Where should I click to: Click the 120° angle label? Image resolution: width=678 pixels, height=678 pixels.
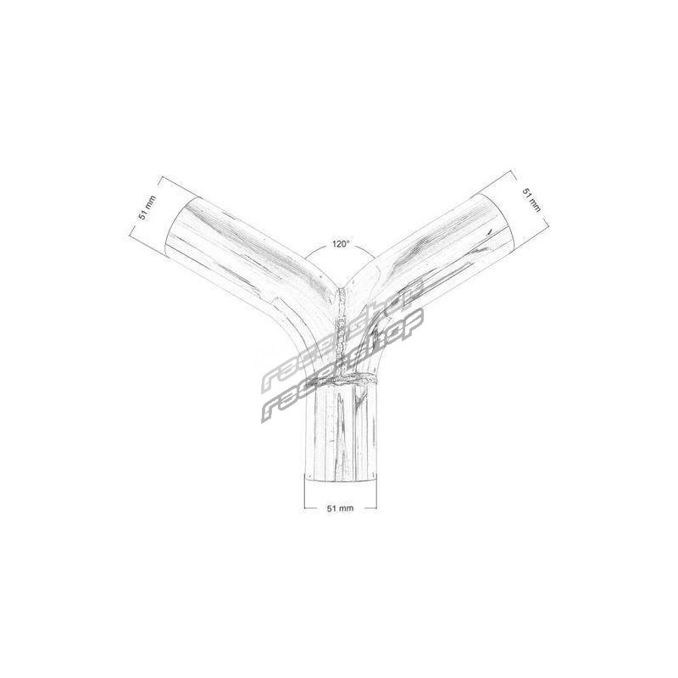coord(341,244)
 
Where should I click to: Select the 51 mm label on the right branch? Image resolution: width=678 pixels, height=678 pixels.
coord(531,199)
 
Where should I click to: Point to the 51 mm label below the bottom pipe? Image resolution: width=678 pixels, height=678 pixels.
coord(340,508)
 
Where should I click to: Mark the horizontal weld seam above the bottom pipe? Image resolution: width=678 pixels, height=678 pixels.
coord(342,380)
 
